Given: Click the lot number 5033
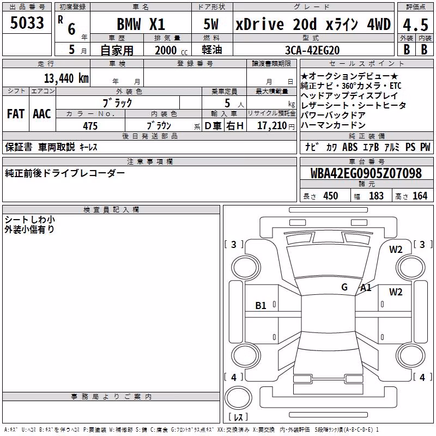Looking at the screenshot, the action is coord(27,23).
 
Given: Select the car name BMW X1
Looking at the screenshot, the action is coord(141,24).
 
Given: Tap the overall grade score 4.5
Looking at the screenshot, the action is coord(415,25).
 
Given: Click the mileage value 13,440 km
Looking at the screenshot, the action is coord(66,78).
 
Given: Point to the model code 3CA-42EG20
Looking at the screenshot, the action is coord(312,50).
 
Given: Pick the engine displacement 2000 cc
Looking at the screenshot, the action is coord(171,51).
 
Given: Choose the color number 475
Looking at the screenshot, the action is coord(90,126).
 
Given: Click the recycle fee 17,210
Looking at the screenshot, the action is coord(272,126).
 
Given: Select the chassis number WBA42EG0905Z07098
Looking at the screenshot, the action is coord(366,173).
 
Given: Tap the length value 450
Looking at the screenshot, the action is coord(331,196).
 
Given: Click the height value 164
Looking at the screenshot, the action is coord(420,196).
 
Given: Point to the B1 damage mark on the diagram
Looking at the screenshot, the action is coord(261,306).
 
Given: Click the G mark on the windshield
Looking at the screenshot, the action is coord(344,287).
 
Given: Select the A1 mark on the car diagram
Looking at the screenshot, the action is coord(366,288).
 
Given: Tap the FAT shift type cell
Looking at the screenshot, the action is coord(16,114).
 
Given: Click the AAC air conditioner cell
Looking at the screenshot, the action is coord(42,114).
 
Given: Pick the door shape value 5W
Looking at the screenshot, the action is coord(211,24).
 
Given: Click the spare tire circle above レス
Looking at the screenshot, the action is coord(238,397).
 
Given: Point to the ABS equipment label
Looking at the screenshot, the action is coord(350,147).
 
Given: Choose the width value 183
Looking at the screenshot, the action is coord(376,196).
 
